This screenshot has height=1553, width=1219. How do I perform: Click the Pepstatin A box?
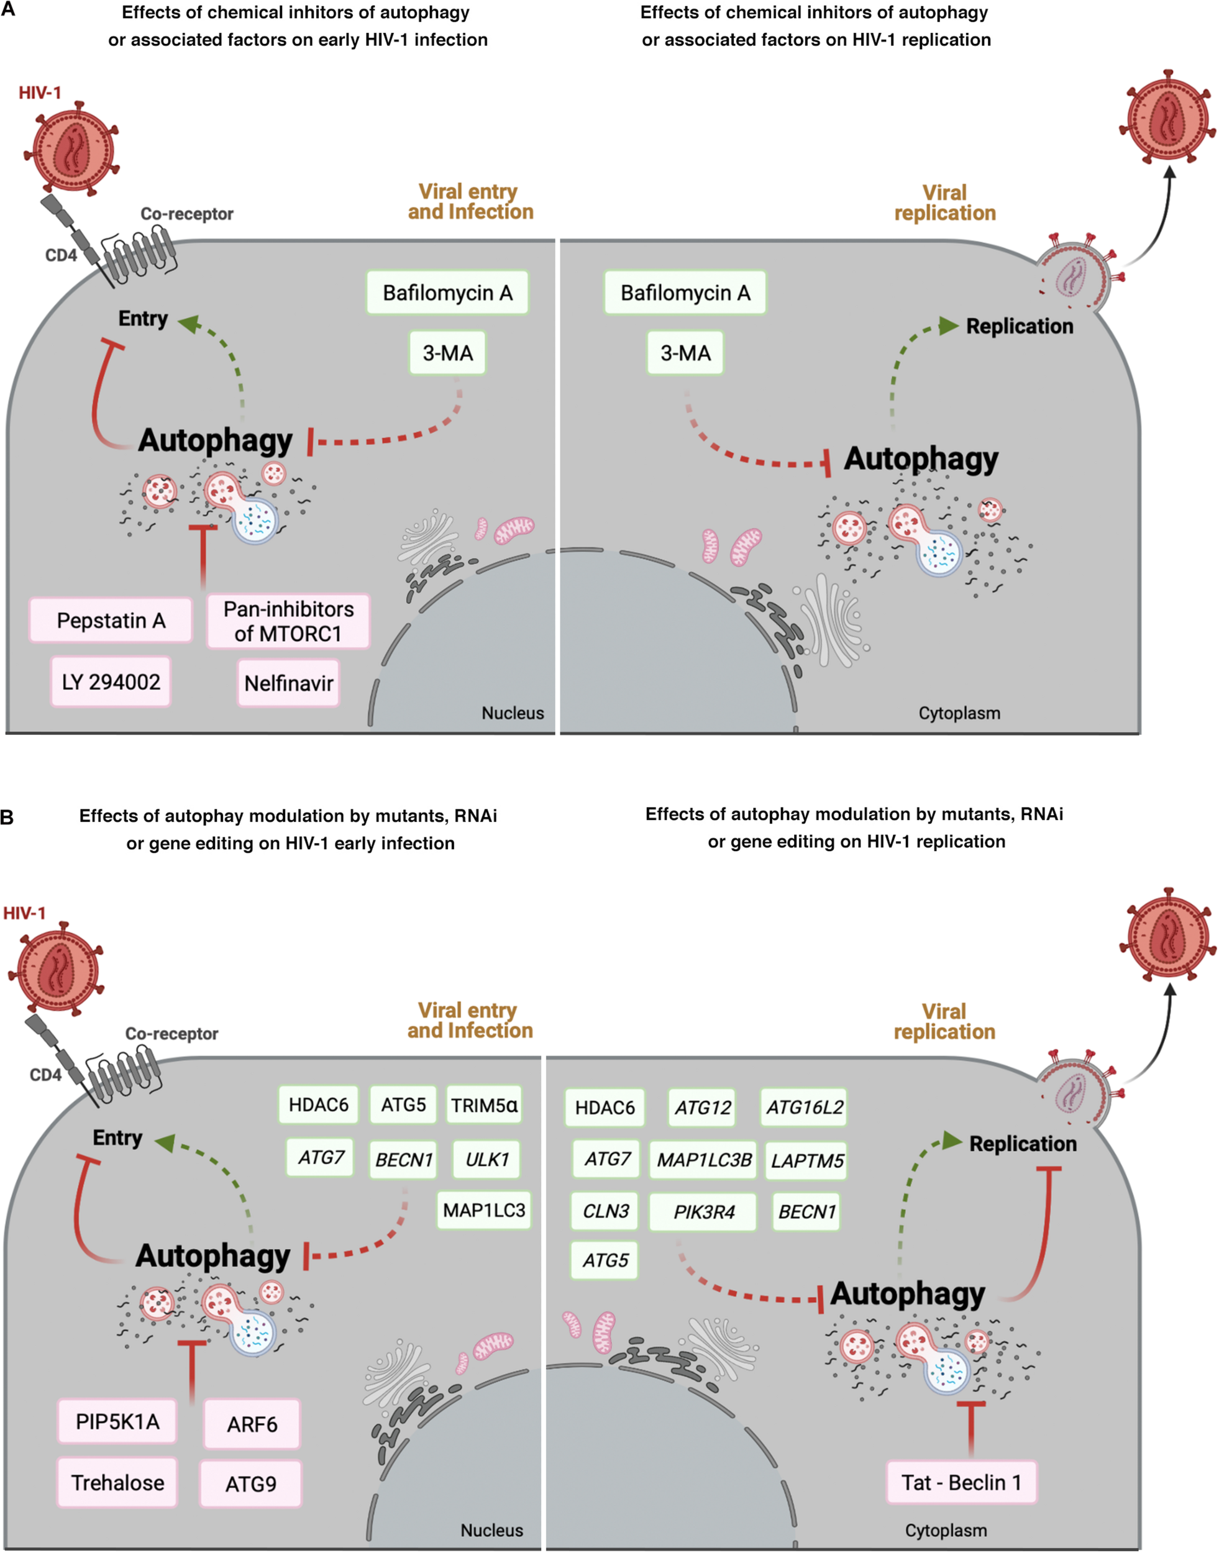(x=111, y=620)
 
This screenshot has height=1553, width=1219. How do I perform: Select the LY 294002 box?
(x=111, y=682)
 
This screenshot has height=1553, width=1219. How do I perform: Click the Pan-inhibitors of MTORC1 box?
(x=288, y=621)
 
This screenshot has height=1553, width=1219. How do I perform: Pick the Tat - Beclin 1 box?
(x=961, y=1483)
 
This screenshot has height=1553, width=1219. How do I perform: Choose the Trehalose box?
(x=118, y=1483)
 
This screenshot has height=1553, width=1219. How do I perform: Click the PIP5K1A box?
(x=118, y=1422)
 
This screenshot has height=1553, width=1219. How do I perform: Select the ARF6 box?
(x=252, y=1424)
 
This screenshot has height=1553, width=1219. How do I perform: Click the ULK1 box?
(x=486, y=1159)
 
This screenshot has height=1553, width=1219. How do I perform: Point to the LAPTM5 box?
(x=806, y=1161)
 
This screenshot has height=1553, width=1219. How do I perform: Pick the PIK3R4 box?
(x=703, y=1212)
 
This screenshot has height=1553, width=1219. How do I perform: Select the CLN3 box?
(x=605, y=1211)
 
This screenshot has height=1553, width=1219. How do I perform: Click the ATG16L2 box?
(x=805, y=1108)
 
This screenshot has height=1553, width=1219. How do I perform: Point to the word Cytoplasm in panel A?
(x=959, y=713)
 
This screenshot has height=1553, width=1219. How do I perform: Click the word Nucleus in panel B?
(x=491, y=1530)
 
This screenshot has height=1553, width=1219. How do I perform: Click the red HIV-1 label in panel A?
(x=40, y=93)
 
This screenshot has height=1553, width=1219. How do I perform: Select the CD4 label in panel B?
(x=45, y=1075)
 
